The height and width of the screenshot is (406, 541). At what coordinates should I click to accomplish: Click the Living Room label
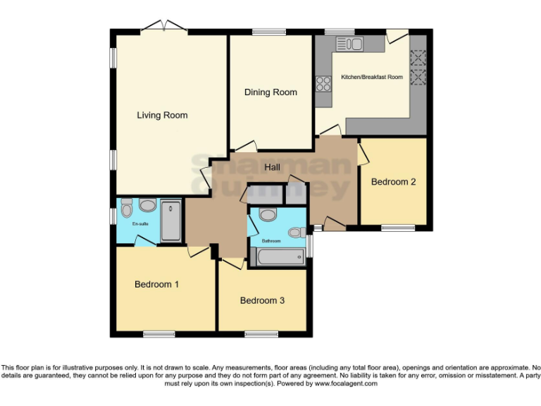point(162,115)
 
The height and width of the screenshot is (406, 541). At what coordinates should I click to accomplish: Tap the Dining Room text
point(270,92)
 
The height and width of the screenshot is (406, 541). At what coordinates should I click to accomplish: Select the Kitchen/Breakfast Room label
point(372,77)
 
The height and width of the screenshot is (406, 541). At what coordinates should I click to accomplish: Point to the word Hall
point(272,167)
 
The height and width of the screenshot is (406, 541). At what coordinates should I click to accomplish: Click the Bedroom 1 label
point(156,285)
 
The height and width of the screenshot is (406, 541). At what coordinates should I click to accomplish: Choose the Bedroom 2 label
point(393,182)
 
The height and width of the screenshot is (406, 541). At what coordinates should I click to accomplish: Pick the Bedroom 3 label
point(262,300)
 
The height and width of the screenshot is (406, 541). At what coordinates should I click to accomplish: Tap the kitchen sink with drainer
point(349,44)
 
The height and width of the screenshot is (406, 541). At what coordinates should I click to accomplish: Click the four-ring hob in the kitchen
point(324,84)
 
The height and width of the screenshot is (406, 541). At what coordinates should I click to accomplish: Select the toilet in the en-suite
point(127,207)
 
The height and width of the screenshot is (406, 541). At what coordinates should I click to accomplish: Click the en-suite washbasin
point(147,206)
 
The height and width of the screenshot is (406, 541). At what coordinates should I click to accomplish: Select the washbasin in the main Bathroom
point(268,214)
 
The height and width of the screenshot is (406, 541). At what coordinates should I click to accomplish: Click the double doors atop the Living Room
point(163,28)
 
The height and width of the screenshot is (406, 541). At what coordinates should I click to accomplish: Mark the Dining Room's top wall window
point(269,31)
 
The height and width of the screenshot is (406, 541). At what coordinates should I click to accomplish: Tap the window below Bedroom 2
point(398,228)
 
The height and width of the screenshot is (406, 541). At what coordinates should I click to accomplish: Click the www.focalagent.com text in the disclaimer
point(345,384)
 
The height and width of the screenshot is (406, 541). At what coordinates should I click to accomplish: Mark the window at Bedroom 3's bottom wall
point(261,333)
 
